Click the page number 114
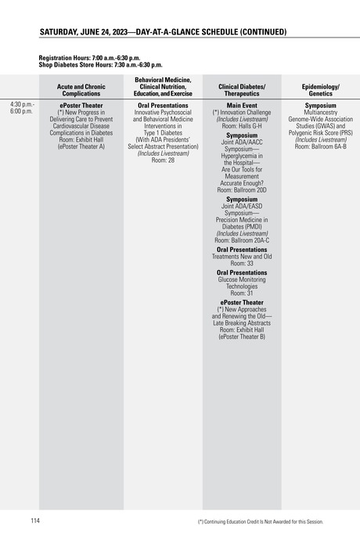[35, 520]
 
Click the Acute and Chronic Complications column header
[81, 89]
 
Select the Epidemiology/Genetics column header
[320, 89]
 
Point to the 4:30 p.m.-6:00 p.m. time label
[22, 108]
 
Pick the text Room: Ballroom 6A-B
[320, 146]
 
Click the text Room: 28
[163, 160]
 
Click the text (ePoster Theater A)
[81, 146]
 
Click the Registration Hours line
[89, 58]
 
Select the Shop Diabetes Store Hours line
[100, 65]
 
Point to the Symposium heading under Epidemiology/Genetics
[320, 105]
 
